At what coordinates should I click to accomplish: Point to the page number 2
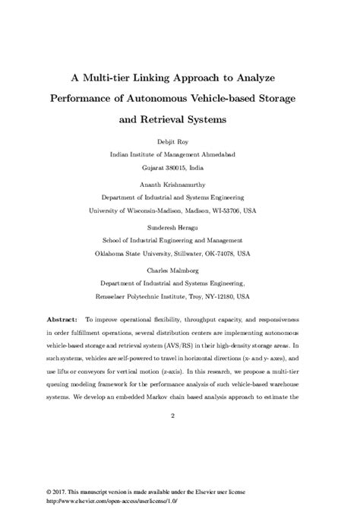(x=173, y=416)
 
